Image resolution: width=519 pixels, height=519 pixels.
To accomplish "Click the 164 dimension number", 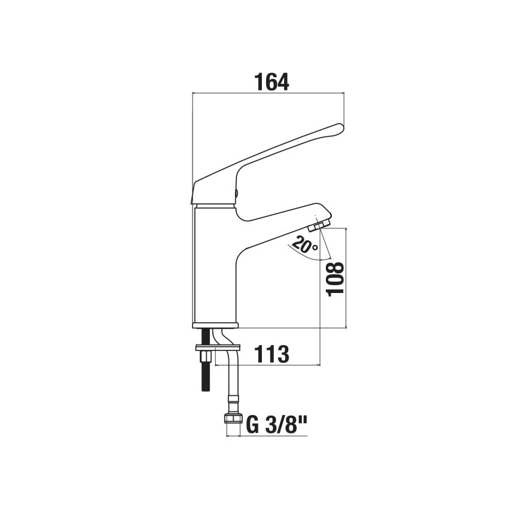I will point(271,81).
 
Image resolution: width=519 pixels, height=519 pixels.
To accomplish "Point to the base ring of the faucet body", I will point(215,325).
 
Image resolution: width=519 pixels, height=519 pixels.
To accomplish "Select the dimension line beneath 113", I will point(275,365).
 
